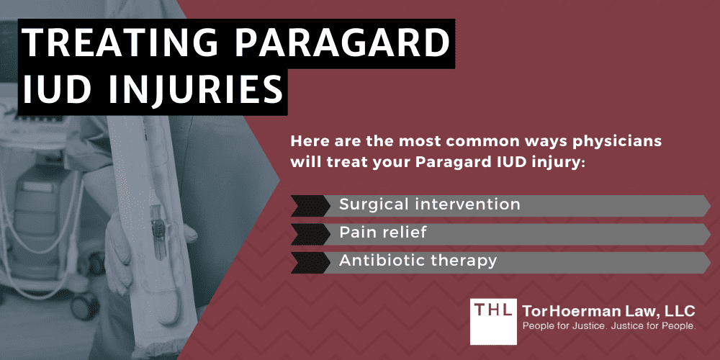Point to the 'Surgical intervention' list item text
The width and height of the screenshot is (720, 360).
[429, 204]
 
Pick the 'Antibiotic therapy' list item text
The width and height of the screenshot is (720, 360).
[418, 261]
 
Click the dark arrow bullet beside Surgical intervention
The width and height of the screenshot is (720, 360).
[308, 205]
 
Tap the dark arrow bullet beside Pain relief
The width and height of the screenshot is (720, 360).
[308, 233]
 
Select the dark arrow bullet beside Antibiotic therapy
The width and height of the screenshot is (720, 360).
[308, 261]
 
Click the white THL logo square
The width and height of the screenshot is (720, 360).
[492, 320]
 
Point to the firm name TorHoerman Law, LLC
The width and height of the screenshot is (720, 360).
[609, 311]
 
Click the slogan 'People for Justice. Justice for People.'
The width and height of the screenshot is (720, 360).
[609, 329]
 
